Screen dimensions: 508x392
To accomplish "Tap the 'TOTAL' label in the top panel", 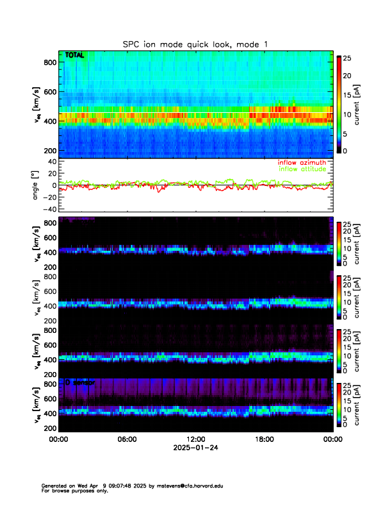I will [x=74, y=56].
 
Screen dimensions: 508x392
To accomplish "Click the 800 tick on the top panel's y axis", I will [x=50, y=62].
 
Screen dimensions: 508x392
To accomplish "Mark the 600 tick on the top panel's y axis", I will [x=50, y=92].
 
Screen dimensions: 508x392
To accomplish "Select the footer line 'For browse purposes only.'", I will [x=70, y=491].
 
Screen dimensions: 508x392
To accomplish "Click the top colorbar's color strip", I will [x=339, y=104].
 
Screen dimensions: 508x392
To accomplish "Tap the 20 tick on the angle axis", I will [x=49, y=173].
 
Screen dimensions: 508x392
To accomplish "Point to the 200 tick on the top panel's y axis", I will [x=50, y=150].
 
